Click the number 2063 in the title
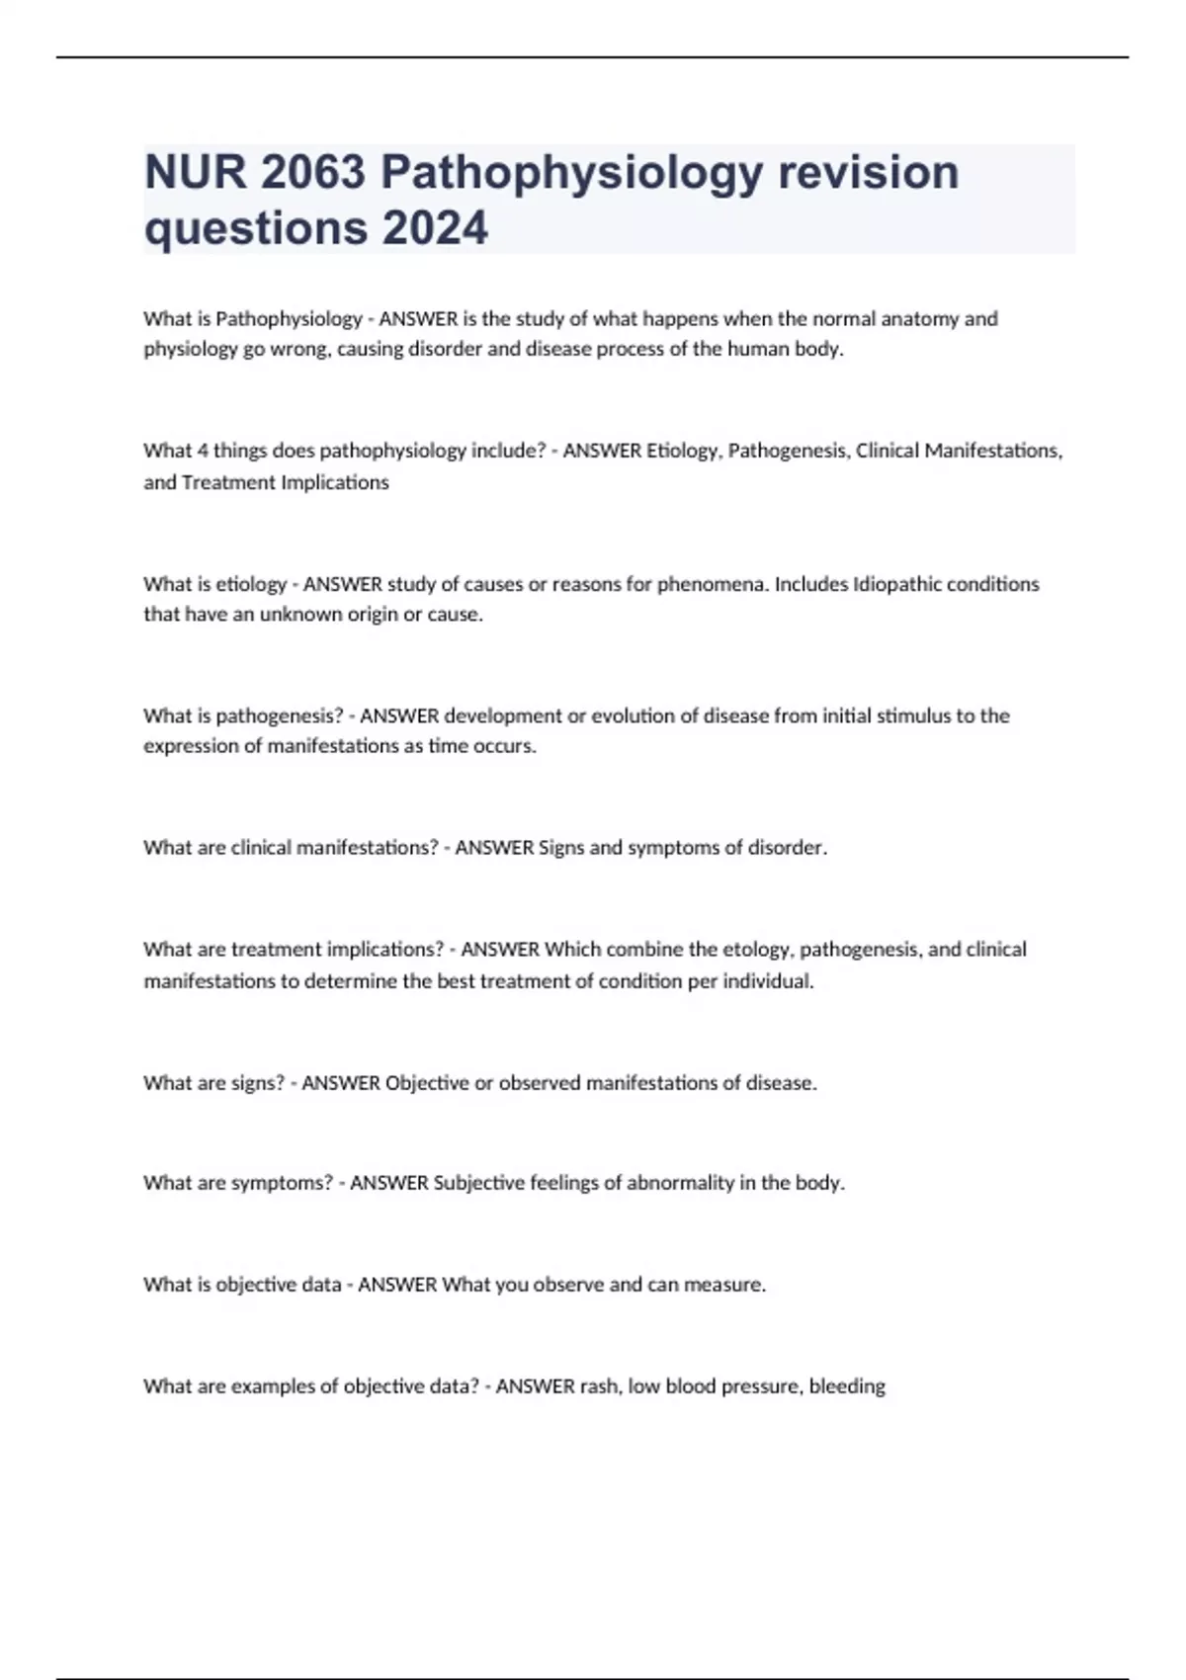[x=313, y=172]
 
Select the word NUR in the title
[x=195, y=172]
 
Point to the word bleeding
[x=847, y=1386]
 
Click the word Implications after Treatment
[x=335, y=482]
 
